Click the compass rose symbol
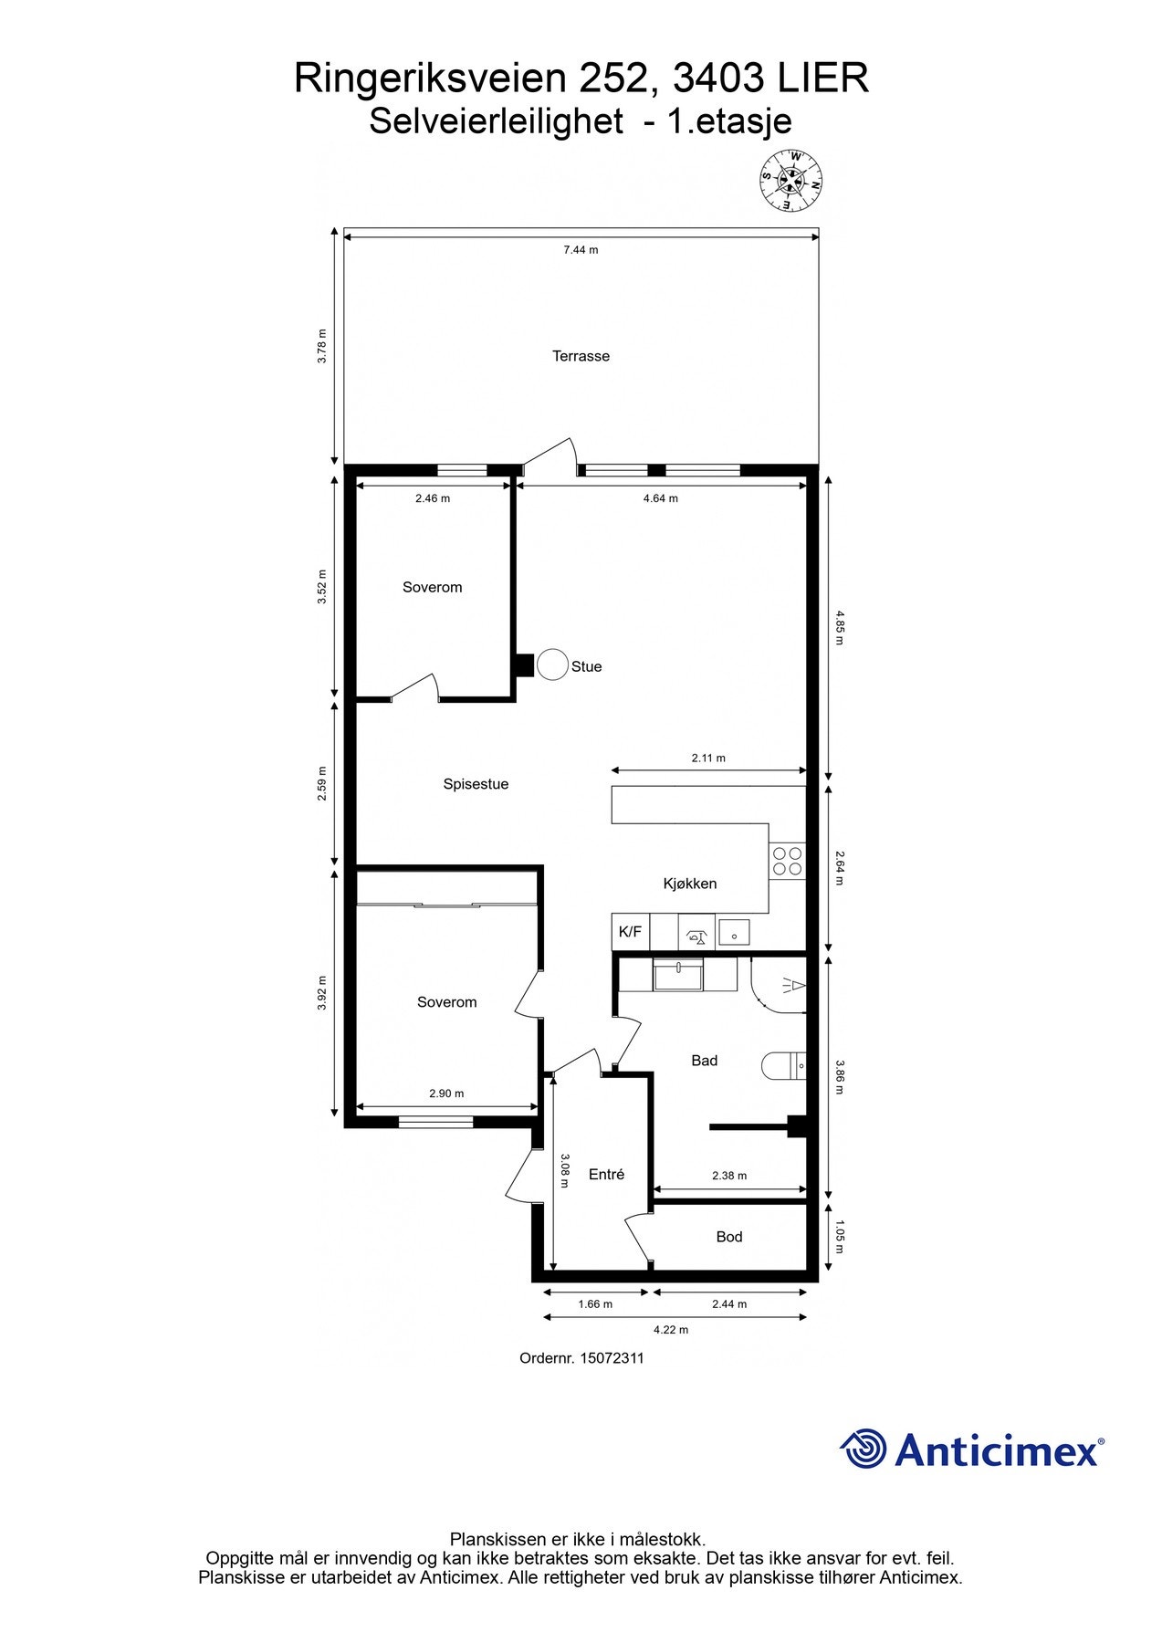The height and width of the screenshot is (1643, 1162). (x=791, y=180)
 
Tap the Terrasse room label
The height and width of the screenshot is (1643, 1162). (x=581, y=356)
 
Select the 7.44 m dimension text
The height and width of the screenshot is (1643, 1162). (x=581, y=249)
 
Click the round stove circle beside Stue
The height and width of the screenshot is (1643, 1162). (x=552, y=665)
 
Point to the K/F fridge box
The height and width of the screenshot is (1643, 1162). (x=630, y=932)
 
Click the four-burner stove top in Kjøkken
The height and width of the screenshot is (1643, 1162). (x=788, y=861)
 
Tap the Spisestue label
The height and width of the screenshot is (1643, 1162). (x=476, y=784)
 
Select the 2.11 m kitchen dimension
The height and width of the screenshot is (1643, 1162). (x=708, y=758)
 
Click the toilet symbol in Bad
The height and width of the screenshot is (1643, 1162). (x=784, y=1065)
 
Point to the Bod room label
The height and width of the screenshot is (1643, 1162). (x=728, y=1237)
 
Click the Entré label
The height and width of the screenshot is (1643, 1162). (x=606, y=1175)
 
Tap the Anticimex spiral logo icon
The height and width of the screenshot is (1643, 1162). (x=863, y=1449)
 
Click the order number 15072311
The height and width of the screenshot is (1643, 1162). (x=612, y=1358)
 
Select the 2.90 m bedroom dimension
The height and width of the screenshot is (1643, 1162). (x=446, y=1094)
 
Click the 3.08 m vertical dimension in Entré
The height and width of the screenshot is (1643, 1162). (x=565, y=1171)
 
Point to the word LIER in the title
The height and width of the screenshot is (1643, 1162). (x=822, y=79)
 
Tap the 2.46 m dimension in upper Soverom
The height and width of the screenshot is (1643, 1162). (x=433, y=498)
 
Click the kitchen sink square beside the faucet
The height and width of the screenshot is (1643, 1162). (x=734, y=932)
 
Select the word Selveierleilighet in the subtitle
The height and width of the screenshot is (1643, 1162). (x=496, y=121)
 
